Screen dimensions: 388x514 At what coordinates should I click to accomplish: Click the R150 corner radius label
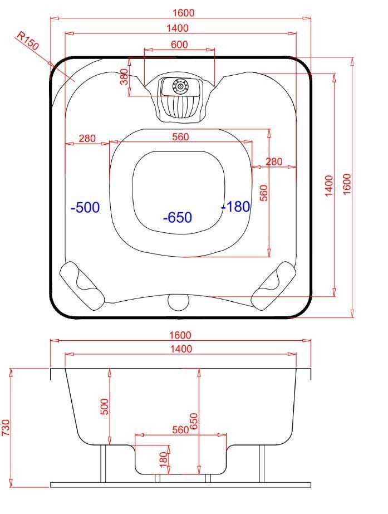tap(27, 41)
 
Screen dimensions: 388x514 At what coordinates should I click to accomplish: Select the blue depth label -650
tap(177, 217)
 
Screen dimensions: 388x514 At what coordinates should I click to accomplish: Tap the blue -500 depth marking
tap(85, 207)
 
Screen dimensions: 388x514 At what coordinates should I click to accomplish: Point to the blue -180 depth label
tap(235, 207)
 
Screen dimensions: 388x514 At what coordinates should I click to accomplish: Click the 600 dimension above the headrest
tap(179, 44)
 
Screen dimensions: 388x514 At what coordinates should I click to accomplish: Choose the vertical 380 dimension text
tap(125, 77)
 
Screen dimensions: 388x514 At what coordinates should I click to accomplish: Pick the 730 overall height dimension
tap(6, 428)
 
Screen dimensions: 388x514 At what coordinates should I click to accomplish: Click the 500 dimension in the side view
tap(104, 407)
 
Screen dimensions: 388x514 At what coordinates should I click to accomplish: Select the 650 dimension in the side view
tap(194, 421)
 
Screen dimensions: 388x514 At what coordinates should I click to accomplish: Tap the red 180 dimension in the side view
tap(163, 459)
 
